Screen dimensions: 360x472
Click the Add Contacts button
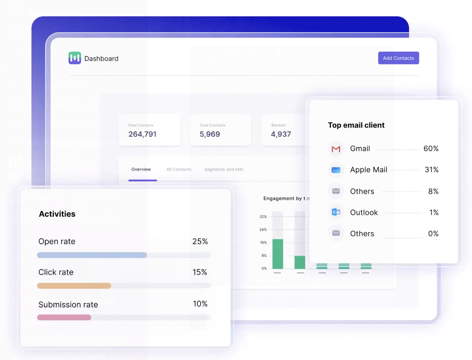(x=398, y=58)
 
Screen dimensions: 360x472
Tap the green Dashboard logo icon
(x=75, y=58)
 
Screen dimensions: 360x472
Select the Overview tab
(x=141, y=169)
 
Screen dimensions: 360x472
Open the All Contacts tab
(x=179, y=169)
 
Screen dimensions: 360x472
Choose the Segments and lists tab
(x=224, y=169)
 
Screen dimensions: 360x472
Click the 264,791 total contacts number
(x=143, y=134)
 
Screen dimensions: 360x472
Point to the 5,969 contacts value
(x=210, y=134)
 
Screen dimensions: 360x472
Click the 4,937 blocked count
(x=281, y=134)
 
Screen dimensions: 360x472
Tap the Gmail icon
(x=336, y=149)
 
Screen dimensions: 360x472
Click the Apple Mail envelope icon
(x=336, y=170)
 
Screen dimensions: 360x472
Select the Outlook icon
(x=336, y=212)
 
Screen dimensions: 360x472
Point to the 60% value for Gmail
(x=431, y=149)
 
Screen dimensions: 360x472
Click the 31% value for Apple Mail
(x=431, y=170)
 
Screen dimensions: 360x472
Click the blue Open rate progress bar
(x=92, y=255)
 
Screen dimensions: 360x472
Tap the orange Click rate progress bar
(x=74, y=286)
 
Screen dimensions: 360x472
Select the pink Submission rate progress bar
(x=64, y=317)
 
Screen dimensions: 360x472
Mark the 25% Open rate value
(x=200, y=241)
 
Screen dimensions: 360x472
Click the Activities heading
(x=57, y=214)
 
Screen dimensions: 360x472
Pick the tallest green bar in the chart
(x=278, y=254)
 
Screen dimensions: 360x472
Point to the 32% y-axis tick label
(x=263, y=217)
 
